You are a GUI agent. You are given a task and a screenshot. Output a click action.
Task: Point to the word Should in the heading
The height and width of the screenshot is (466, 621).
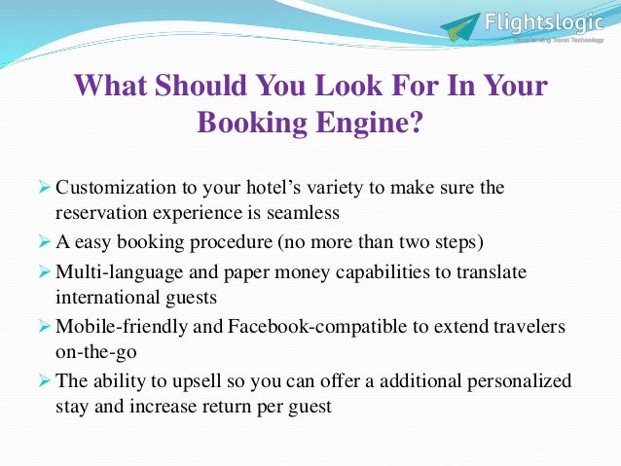(x=186, y=86)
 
